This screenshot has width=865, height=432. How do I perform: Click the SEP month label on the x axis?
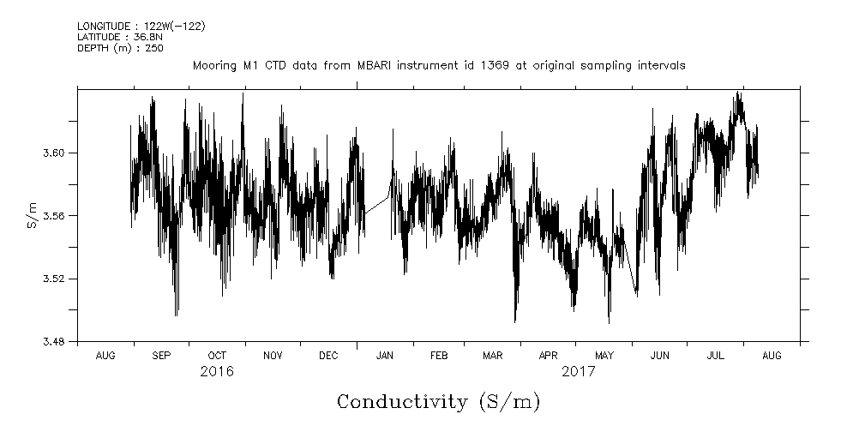click(x=161, y=355)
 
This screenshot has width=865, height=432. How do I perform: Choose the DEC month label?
click(x=328, y=355)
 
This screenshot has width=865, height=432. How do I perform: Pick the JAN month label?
click(x=385, y=355)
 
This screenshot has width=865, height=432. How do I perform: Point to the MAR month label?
click(x=492, y=355)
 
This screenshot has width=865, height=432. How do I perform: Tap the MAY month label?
click(x=604, y=355)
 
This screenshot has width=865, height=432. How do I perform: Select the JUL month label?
click(x=715, y=355)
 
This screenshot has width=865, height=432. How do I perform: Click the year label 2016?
click(x=217, y=372)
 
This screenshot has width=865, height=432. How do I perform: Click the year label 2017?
click(x=578, y=372)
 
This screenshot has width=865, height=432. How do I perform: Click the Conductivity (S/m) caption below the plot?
click(x=438, y=402)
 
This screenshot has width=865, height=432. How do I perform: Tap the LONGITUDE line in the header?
click(x=141, y=27)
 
